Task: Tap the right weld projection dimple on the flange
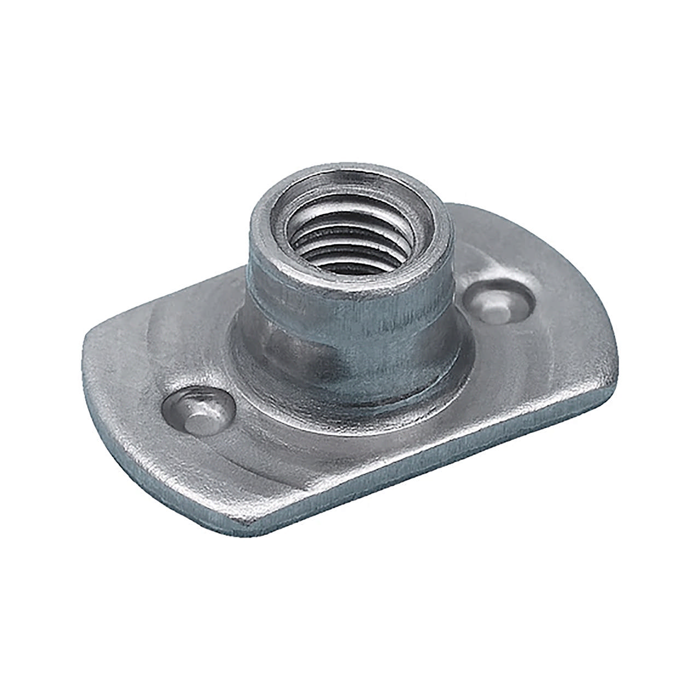pos(501,302)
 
